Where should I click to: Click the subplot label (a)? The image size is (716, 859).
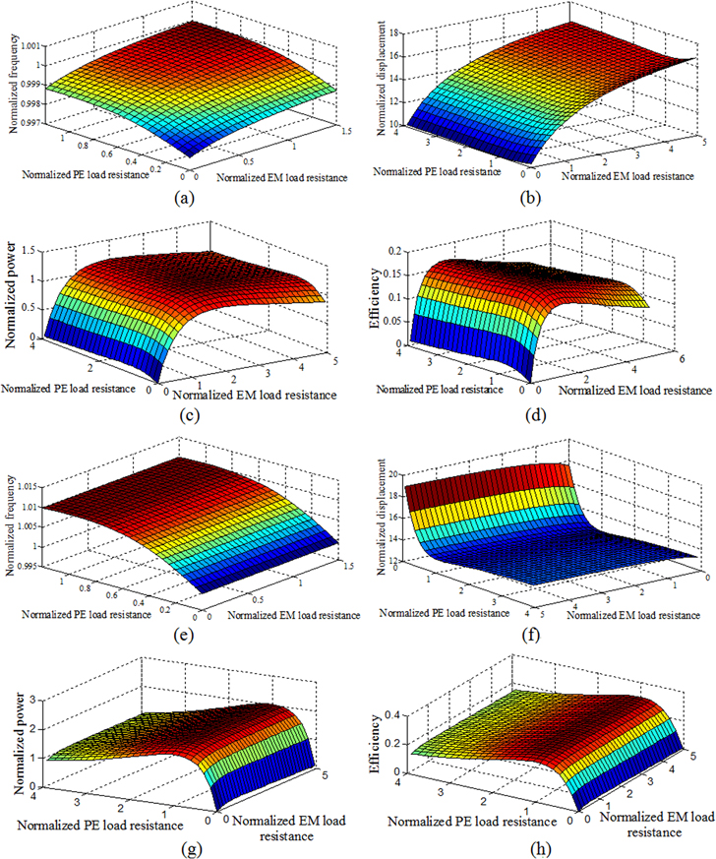[179, 197]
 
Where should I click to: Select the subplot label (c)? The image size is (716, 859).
[180, 412]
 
